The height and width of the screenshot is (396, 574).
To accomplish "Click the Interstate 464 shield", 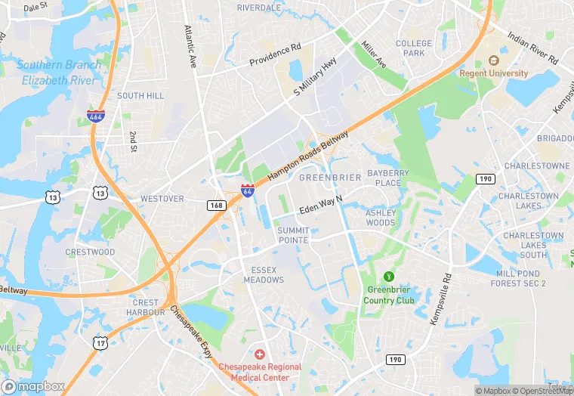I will pos(85,118).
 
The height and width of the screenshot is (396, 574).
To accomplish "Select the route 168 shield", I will pos(217,205).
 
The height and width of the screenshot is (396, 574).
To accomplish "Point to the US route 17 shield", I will pos(100,342).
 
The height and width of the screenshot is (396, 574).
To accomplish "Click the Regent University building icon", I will pos(495,60).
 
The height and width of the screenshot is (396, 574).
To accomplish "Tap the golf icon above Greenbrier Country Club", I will pos(390,277).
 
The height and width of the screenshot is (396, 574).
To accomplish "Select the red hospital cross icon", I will pos(260,354).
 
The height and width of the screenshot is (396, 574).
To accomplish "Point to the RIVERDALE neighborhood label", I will pos(259,8).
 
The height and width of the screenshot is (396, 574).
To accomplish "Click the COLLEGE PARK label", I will pos(414,48).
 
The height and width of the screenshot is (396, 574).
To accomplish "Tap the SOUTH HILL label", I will pos(140,96).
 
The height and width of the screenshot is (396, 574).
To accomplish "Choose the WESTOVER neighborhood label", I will pos(162,199).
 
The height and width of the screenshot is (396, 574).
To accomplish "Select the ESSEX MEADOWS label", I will pos(264,274).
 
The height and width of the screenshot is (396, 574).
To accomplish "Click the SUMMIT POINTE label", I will pos(292,235).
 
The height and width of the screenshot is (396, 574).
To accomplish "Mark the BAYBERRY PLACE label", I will pos(388,178).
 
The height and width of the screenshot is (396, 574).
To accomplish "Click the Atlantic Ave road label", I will pos(190,48).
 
